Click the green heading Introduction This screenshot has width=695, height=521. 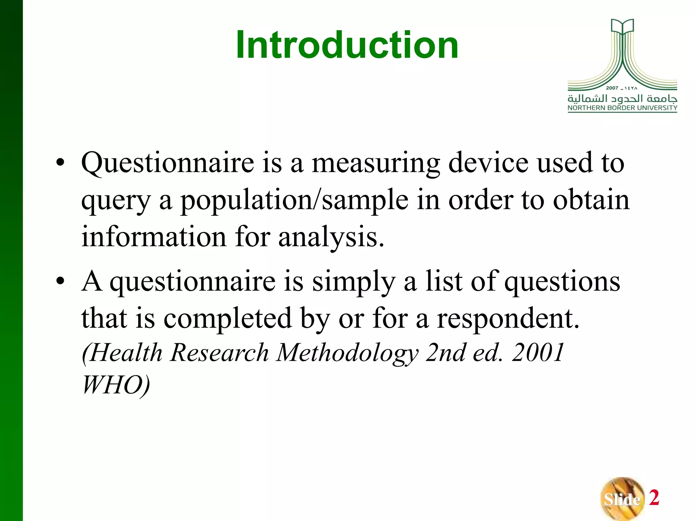[x=347, y=45]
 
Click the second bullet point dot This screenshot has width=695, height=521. [x=60, y=281]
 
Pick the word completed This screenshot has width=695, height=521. [x=227, y=319]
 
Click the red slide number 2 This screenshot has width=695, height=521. [x=654, y=498]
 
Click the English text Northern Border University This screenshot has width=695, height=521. [x=622, y=108]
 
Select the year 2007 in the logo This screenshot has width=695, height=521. [x=612, y=88]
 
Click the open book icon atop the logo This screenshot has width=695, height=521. [x=622, y=26]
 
